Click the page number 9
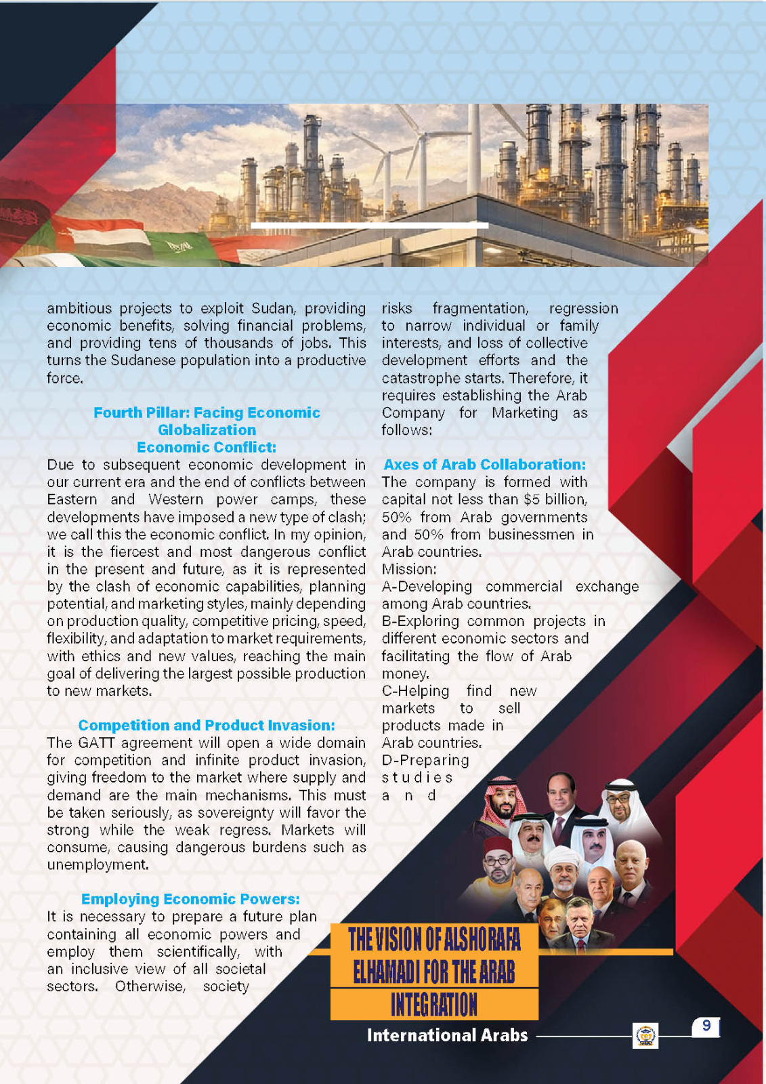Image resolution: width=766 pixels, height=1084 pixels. [x=706, y=1026]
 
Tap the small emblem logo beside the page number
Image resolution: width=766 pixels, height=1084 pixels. [x=645, y=1036]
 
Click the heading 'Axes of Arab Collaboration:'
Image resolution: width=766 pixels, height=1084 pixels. [x=484, y=465]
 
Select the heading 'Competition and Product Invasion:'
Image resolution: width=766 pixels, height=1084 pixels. [x=207, y=726]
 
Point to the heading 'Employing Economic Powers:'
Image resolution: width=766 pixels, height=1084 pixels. [x=190, y=899]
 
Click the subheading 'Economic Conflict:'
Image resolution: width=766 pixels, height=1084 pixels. [x=207, y=447]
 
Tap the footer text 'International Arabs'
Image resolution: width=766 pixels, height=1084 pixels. [x=447, y=1035]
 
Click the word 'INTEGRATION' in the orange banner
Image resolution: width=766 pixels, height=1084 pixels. [x=434, y=1005]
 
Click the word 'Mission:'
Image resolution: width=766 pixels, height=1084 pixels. [x=409, y=569]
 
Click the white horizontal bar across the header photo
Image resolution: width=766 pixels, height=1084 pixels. [x=369, y=225]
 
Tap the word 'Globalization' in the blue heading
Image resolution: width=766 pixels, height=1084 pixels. [x=207, y=430]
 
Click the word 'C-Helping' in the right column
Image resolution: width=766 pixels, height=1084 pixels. [x=415, y=691]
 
